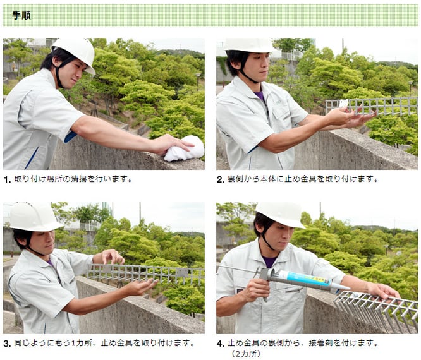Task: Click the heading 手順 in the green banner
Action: click(21, 15)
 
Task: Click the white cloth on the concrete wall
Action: click(184, 148)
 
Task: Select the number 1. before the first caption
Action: click(8, 179)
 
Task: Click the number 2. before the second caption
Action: click(221, 179)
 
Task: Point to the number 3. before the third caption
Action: click(7, 344)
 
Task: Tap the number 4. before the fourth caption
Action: click(221, 344)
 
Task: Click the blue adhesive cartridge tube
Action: click(305, 280)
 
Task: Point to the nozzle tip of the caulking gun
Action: click(348, 289)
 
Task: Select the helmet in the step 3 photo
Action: click(34, 217)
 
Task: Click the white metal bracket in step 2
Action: click(343, 104)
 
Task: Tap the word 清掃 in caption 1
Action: click(79, 179)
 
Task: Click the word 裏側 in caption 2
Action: click(235, 179)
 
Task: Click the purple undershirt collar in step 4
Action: click(269, 261)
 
